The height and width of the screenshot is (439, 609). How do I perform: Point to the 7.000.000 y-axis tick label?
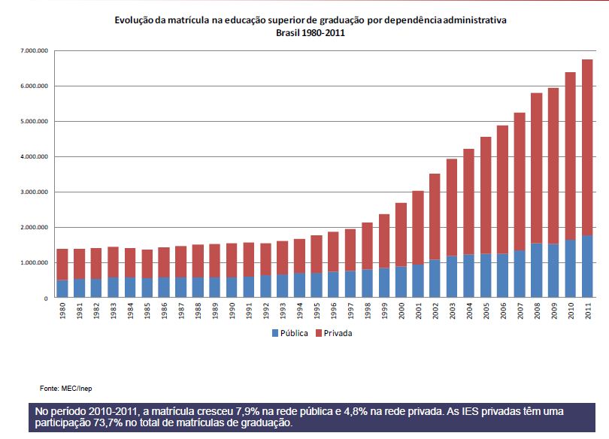(35, 51)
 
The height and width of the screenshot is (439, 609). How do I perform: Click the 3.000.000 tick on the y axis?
(35, 192)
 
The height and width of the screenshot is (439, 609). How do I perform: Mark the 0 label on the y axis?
(46, 298)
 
